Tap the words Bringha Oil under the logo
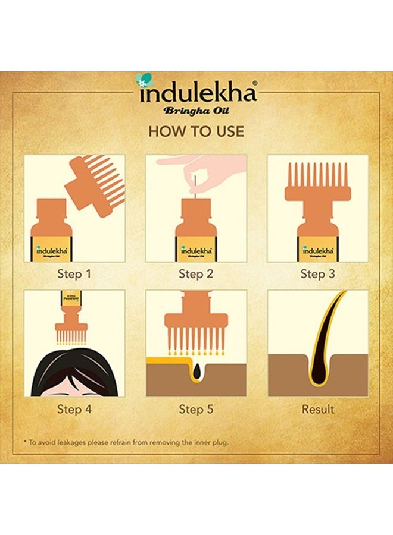[x=196, y=111]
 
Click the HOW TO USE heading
[x=196, y=131]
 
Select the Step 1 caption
[x=74, y=274]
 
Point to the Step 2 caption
[x=196, y=274]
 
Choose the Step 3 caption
[x=317, y=274]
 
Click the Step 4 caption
[x=74, y=409]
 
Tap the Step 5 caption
[x=196, y=409]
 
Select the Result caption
[x=317, y=409]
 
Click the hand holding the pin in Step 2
[x=202, y=169]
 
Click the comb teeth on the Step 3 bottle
[x=317, y=175]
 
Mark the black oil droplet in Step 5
[x=196, y=369]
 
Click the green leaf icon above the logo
[x=142, y=79]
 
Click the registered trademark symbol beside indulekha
[x=255, y=84]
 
